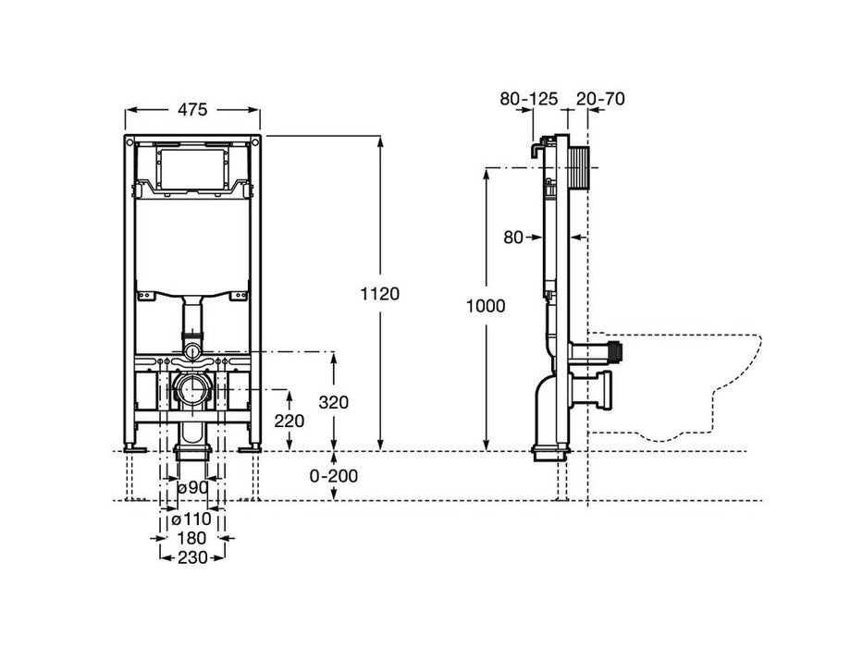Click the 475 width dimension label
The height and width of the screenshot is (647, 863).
click(192, 109)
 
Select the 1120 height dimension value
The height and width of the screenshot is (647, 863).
click(381, 294)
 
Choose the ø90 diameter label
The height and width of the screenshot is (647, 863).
click(192, 488)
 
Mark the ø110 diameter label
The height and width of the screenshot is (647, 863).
click(192, 519)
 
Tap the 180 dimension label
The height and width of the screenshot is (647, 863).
click(192, 538)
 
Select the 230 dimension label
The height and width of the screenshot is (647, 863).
click(192, 558)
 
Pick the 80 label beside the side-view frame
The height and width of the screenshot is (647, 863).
click(514, 238)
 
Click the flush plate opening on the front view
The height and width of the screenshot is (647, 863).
click(192, 165)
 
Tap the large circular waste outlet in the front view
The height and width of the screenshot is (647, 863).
click(192, 388)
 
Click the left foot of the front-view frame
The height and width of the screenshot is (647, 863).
click(137, 448)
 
